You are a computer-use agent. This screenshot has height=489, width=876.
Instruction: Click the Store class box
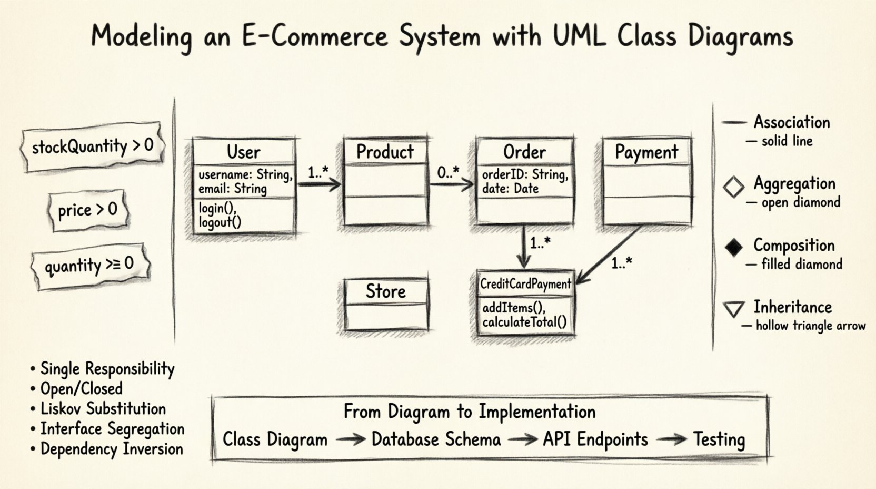(386, 305)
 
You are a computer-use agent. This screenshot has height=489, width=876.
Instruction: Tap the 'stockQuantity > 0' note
(92, 146)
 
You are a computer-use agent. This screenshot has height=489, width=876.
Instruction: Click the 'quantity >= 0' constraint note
(89, 265)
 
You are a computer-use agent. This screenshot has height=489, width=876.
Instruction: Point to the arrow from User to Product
(319, 184)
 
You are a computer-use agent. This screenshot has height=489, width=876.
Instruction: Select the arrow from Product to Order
(452, 184)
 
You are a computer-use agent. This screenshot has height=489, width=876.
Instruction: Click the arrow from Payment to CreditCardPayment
(609, 253)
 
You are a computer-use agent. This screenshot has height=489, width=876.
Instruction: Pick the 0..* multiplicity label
(448, 171)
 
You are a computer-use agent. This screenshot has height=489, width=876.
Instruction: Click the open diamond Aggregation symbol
(733, 187)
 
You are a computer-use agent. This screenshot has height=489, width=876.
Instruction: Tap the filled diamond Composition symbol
(733, 247)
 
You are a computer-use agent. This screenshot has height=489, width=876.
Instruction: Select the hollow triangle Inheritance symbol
(733, 309)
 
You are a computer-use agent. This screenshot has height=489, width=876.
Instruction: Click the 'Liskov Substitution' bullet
(103, 409)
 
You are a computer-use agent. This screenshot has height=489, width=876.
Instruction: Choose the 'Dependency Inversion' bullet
(111, 449)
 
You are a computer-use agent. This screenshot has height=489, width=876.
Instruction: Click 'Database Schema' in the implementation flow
(436, 439)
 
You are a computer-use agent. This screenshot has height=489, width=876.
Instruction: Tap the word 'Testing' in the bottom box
(719, 439)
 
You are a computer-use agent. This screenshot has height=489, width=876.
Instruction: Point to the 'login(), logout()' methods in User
(220, 215)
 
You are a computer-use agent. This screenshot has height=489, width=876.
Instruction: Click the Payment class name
(646, 152)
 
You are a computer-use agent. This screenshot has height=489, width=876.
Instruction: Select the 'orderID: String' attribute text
(525, 174)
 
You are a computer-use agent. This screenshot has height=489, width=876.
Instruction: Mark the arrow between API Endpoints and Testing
(671, 439)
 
